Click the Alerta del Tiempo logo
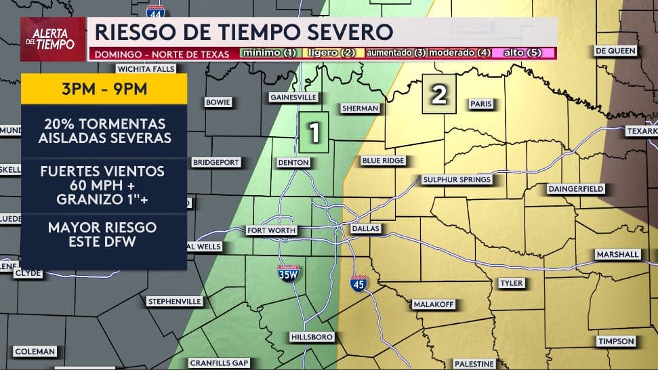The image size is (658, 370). click(x=53, y=39)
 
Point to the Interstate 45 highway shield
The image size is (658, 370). click(x=359, y=283)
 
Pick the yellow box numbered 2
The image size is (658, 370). click(x=439, y=96)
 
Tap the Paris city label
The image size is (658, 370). click(x=480, y=104)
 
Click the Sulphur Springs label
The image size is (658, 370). click(x=456, y=180)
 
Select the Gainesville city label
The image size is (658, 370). click(x=293, y=96)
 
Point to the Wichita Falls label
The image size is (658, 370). click(x=146, y=68)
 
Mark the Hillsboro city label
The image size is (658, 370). click(x=312, y=337)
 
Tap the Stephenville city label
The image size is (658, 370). click(x=174, y=301)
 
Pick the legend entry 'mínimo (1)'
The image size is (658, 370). click(x=269, y=53)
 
